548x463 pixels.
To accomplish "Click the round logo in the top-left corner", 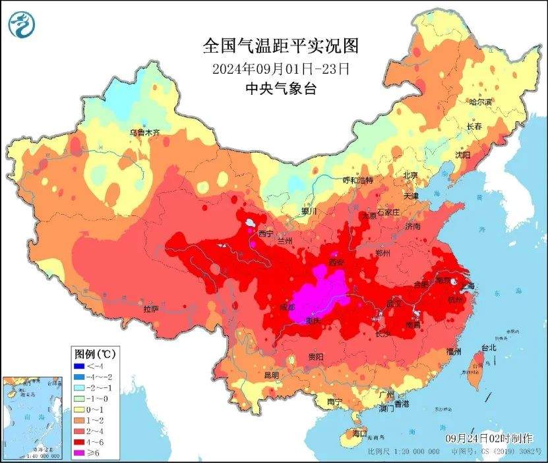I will pos(21,24).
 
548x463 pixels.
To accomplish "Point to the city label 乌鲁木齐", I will pos(145,132).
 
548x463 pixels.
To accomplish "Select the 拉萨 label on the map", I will pos(151,309).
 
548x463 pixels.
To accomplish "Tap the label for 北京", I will pos(411,175).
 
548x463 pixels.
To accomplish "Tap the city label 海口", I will pos(359,433).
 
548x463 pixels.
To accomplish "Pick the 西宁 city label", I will pos(266,234).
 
